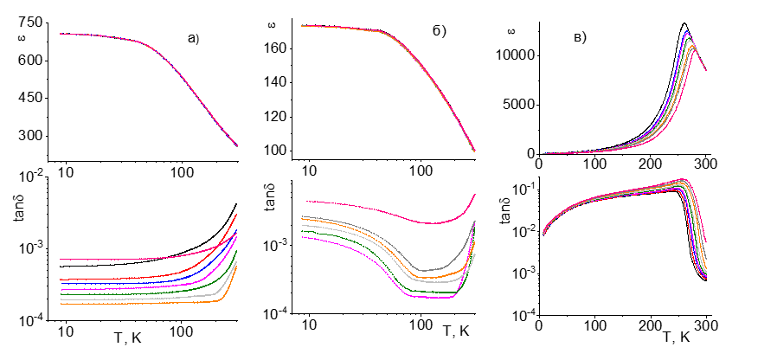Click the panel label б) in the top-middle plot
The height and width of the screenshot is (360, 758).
tap(439, 32)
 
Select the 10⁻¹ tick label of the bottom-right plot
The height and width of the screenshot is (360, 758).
tap(523, 188)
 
